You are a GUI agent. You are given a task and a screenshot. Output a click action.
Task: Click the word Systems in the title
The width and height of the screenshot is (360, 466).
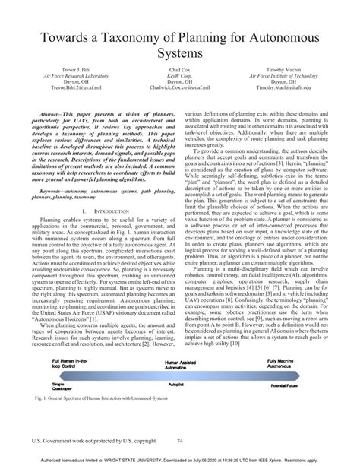[179, 54]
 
